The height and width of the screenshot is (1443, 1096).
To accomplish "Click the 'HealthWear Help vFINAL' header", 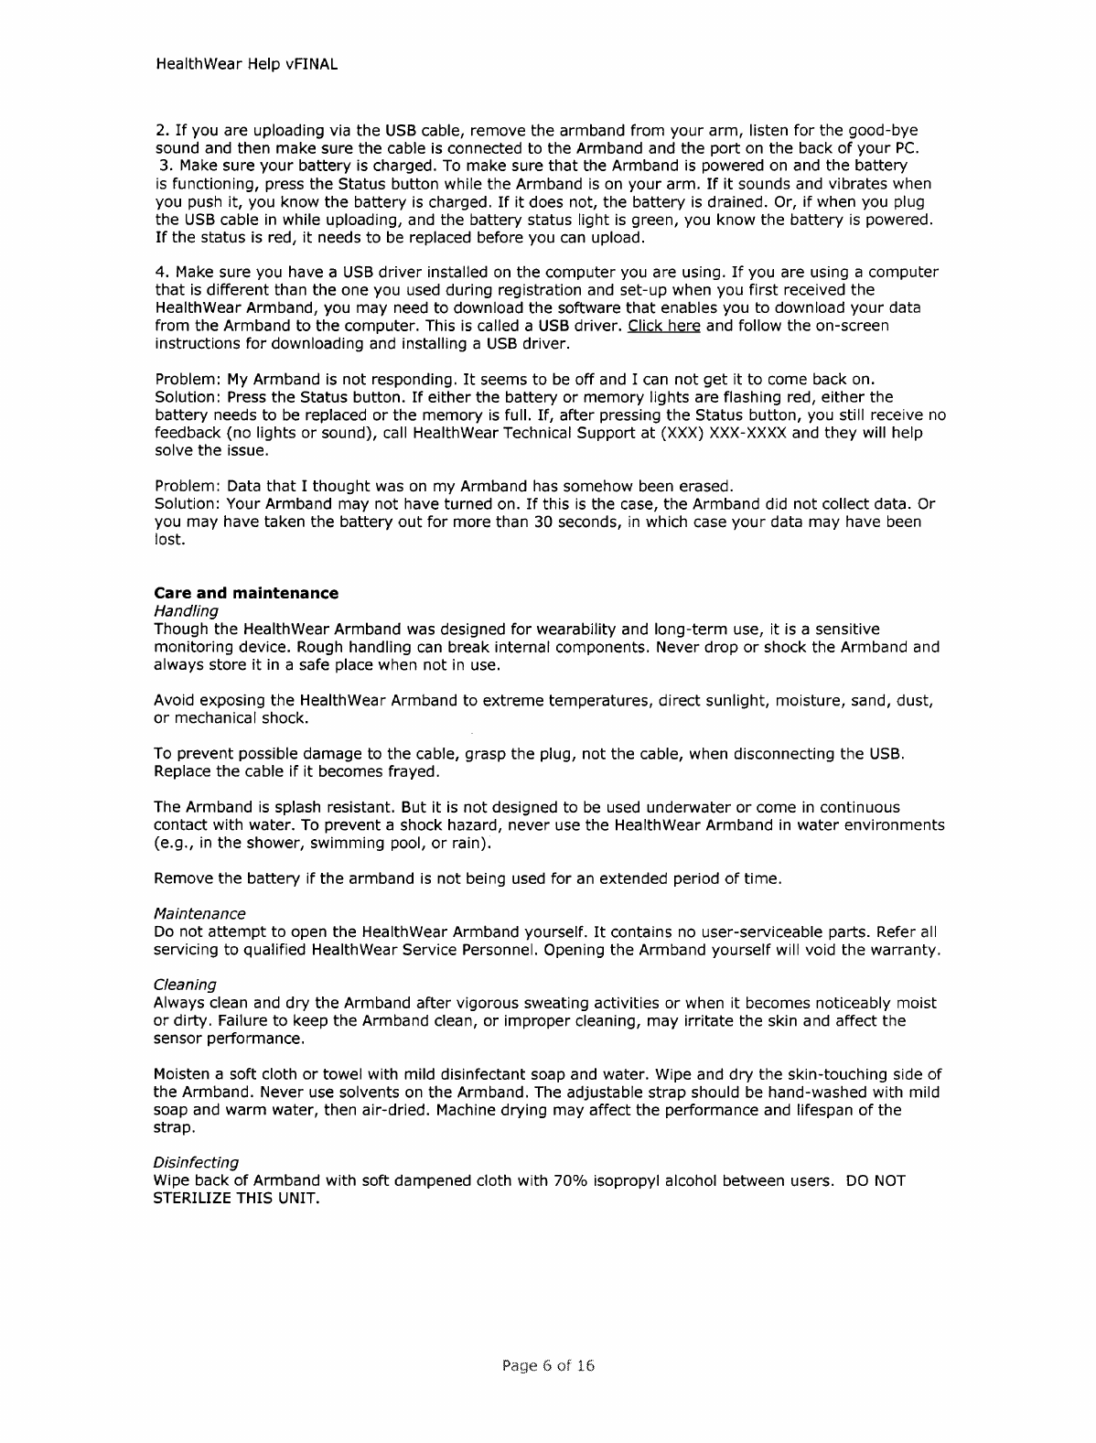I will [x=246, y=65].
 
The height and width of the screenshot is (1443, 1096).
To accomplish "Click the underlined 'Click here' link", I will [x=663, y=326].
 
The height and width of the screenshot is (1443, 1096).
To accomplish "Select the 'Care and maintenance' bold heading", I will [x=246, y=593].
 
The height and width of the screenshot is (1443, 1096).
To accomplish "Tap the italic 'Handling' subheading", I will [x=186, y=610].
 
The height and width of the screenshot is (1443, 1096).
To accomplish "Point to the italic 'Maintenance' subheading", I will [x=199, y=914].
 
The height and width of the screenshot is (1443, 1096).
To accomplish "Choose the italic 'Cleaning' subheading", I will [x=185, y=985].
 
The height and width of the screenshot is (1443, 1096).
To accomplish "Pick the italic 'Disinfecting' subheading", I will [x=196, y=1163].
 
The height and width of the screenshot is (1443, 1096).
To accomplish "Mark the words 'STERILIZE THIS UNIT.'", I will [x=236, y=1199].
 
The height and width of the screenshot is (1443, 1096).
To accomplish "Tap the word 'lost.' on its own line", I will [x=171, y=539].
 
